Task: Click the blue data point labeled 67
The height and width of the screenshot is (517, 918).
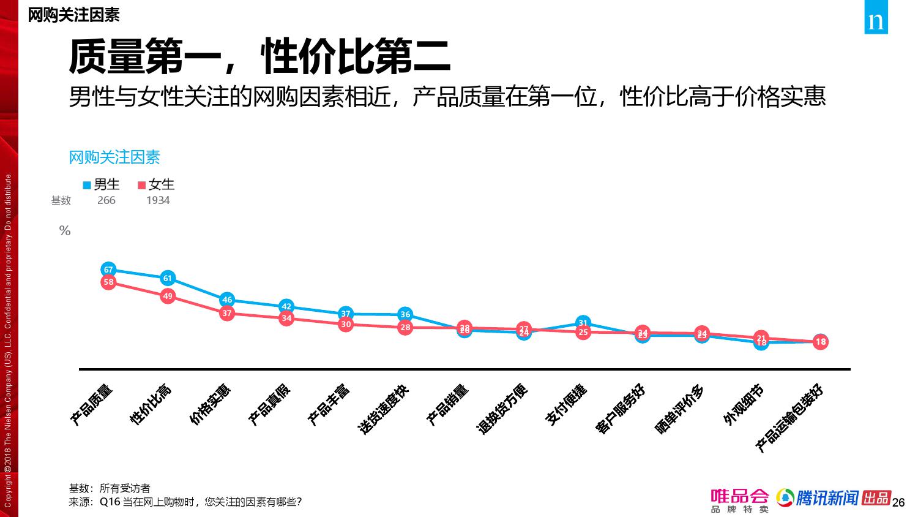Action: (x=108, y=270)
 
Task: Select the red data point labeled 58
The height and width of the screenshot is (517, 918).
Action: (x=108, y=282)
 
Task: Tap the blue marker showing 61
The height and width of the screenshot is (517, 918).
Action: (x=168, y=278)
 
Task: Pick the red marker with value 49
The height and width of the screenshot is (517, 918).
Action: (x=168, y=296)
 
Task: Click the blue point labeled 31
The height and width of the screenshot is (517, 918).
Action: (x=583, y=323)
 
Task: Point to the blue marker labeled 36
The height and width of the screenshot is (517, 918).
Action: (x=405, y=314)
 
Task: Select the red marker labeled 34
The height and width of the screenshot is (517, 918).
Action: (x=286, y=318)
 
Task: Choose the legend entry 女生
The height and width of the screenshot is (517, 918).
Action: (x=156, y=184)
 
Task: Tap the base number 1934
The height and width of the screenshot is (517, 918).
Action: (x=158, y=200)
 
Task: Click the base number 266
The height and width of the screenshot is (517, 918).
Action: (x=106, y=200)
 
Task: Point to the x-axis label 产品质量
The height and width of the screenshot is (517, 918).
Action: (x=92, y=405)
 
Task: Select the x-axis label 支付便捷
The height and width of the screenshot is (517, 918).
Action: (x=566, y=405)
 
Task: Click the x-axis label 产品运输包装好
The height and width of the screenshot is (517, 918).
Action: (x=789, y=418)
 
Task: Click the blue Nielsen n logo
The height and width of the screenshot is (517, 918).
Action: (x=876, y=21)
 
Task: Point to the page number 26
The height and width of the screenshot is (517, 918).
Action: (x=898, y=503)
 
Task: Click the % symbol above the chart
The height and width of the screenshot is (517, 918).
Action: (x=65, y=231)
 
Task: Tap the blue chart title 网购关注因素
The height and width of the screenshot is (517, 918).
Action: (x=114, y=157)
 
